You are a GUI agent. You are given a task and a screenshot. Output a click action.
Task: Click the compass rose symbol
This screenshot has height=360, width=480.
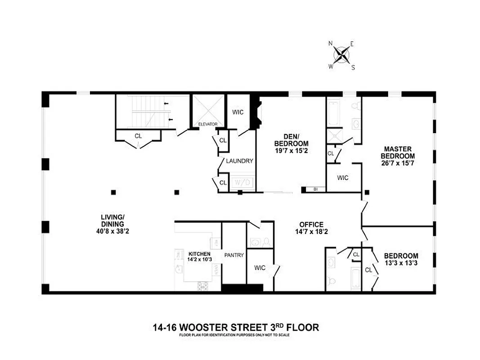pos(342,55)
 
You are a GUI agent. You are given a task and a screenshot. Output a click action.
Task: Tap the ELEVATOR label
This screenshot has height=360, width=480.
pos(208,124)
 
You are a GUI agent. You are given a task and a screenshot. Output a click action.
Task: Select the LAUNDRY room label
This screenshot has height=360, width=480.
pos(239,161)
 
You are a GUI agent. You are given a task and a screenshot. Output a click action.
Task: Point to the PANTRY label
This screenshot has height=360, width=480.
pos(234,256)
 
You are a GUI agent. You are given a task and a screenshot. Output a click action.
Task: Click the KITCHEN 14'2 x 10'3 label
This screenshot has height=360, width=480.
pos(199,256)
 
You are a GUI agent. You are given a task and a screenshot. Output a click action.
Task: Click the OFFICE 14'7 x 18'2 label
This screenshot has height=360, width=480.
pos(311,229)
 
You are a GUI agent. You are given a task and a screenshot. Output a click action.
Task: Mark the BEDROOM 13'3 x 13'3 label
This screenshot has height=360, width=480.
pos(401,259)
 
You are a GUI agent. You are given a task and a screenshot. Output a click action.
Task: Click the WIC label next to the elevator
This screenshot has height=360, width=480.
pos(238,112)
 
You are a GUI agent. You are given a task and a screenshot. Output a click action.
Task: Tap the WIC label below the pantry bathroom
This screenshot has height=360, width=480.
pos(260,268)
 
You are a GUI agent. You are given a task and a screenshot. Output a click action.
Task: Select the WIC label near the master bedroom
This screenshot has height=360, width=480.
pos(343,178)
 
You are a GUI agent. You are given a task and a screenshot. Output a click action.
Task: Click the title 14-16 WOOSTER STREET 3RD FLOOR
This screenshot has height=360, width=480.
pos(236,327)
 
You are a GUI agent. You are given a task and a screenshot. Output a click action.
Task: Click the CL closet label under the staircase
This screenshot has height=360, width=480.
pos(138,135)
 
